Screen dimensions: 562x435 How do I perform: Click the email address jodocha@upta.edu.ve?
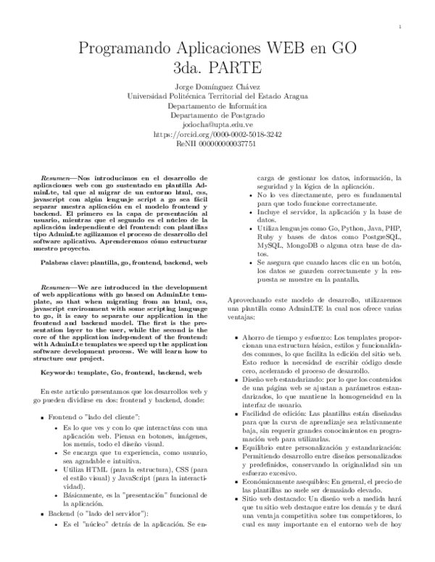[217, 125]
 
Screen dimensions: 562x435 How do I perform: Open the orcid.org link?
[217, 134]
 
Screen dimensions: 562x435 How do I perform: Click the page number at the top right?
[400, 27]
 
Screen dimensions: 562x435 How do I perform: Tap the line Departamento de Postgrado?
[217, 115]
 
